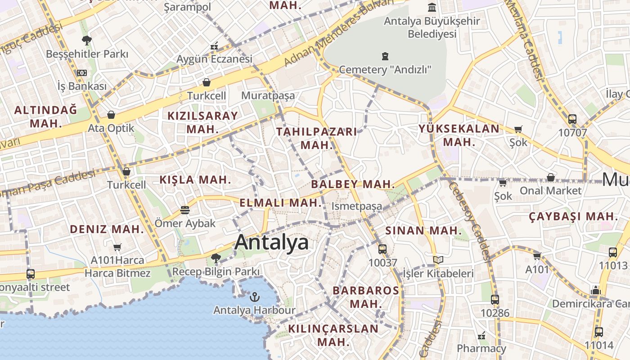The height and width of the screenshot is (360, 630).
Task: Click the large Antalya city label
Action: [x=271, y=242]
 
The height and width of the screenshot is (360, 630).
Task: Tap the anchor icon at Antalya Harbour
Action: [x=255, y=297]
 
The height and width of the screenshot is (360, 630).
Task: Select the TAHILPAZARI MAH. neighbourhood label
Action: [x=316, y=138]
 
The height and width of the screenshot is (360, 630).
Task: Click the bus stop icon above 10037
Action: [x=382, y=249]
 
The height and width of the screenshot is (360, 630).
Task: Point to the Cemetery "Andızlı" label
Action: [x=385, y=70]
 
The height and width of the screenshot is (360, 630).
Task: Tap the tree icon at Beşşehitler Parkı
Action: [x=87, y=40]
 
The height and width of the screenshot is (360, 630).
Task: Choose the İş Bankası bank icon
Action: [x=81, y=73]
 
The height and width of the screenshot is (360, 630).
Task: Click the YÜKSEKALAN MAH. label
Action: [x=459, y=135]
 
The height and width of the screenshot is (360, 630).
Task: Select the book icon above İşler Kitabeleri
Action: [x=438, y=260]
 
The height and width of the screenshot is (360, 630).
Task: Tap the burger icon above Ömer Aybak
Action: [x=184, y=210]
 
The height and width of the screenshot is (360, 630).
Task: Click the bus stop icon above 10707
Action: [x=572, y=119]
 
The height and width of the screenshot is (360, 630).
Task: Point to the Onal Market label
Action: [x=550, y=190]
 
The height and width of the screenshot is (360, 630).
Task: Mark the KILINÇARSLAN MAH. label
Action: [x=333, y=335]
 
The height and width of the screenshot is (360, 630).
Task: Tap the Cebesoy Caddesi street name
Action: [x=469, y=220]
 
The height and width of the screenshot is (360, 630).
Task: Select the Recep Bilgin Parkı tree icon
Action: [x=216, y=258]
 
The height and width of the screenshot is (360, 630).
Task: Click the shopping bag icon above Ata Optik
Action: [x=111, y=115]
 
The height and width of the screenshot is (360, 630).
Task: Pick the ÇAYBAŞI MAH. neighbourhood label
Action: [x=573, y=216]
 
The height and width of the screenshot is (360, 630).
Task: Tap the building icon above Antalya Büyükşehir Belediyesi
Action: [x=432, y=8]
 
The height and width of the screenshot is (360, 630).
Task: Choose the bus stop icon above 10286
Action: [x=495, y=299]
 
